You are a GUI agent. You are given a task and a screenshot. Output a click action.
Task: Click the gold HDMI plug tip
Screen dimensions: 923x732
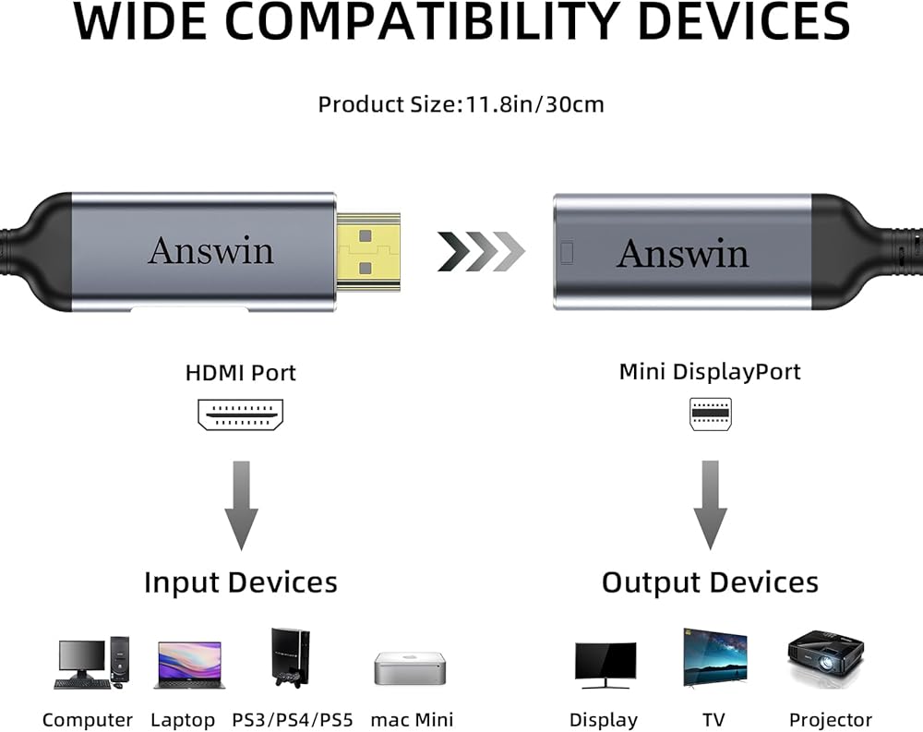(x=368, y=252)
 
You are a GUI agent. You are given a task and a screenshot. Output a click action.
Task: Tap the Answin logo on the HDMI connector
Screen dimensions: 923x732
(x=210, y=251)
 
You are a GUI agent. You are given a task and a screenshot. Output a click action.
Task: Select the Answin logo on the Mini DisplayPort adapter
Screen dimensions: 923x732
(x=683, y=253)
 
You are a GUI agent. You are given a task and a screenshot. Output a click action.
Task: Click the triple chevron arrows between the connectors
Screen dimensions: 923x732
(x=481, y=251)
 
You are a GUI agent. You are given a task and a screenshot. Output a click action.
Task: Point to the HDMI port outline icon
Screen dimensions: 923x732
(x=240, y=414)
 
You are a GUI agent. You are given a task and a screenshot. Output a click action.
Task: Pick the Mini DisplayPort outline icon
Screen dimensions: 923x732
(x=711, y=414)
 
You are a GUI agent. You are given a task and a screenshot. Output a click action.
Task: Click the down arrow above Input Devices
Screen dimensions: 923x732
(x=241, y=506)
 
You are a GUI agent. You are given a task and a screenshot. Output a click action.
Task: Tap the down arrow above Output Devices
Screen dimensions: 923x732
(x=711, y=505)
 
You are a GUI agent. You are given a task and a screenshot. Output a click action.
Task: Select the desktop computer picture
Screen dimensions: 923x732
(x=92, y=663)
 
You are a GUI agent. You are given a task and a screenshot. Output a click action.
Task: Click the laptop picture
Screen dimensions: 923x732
(x=189, y=666)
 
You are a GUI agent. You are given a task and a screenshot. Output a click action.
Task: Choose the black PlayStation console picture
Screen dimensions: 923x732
(x=290, y=658)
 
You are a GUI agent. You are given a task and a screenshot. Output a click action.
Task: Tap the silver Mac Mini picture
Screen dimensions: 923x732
(x=410, y=668)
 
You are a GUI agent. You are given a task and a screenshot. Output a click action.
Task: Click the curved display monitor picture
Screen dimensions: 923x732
(x=605, y=665)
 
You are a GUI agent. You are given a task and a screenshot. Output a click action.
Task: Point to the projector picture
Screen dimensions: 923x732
(x=826, y=658)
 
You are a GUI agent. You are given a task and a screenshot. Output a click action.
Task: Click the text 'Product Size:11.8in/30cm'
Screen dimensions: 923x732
(x=461, y=105)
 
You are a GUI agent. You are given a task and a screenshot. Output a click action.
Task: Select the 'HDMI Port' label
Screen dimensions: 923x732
(x=240, y=373)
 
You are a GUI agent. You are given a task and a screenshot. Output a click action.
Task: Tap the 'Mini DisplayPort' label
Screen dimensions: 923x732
(x=710, y=372)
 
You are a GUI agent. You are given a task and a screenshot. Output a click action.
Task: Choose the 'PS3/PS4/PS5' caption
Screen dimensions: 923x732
(x=292, y=720)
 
